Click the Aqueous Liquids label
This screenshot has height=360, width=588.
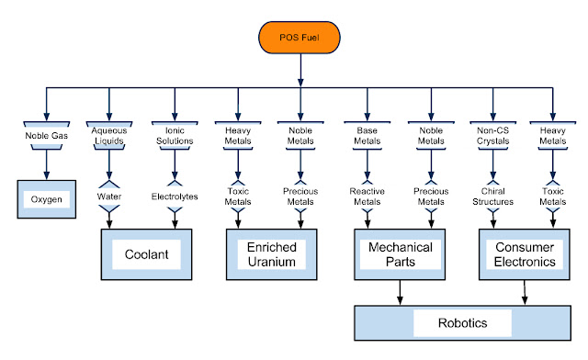(110, 136)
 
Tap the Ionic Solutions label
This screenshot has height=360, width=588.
(174, 136)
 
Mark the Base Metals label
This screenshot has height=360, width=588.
(367, 136)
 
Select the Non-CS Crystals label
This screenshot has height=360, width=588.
(494, 136)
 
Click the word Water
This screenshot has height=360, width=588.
(110, 194)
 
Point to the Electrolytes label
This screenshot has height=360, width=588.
(174, 194)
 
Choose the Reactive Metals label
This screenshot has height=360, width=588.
(367, 194)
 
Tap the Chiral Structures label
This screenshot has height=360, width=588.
(494, 194)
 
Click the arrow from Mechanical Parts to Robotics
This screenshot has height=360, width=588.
(400, 292)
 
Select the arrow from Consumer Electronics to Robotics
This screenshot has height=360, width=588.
(526, 292)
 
